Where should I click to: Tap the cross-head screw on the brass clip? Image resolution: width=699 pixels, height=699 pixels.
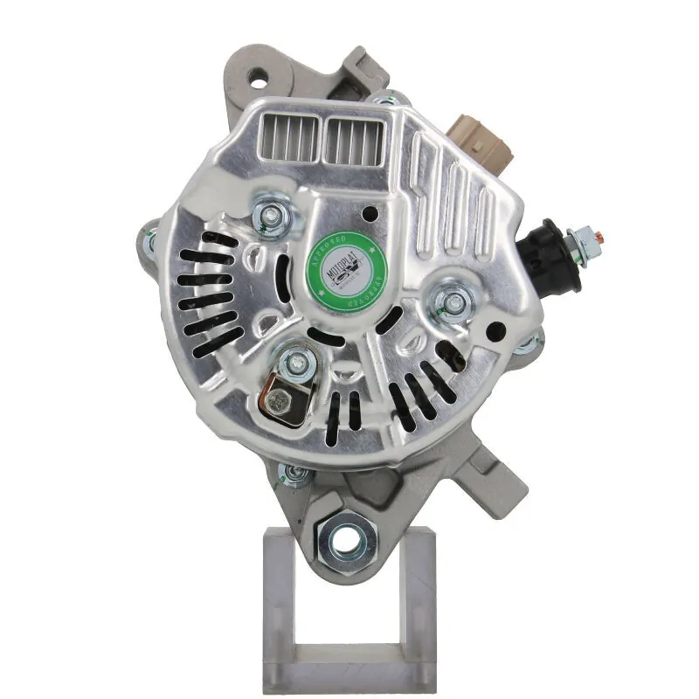278,399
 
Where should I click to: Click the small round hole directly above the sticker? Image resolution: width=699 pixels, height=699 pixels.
373,211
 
